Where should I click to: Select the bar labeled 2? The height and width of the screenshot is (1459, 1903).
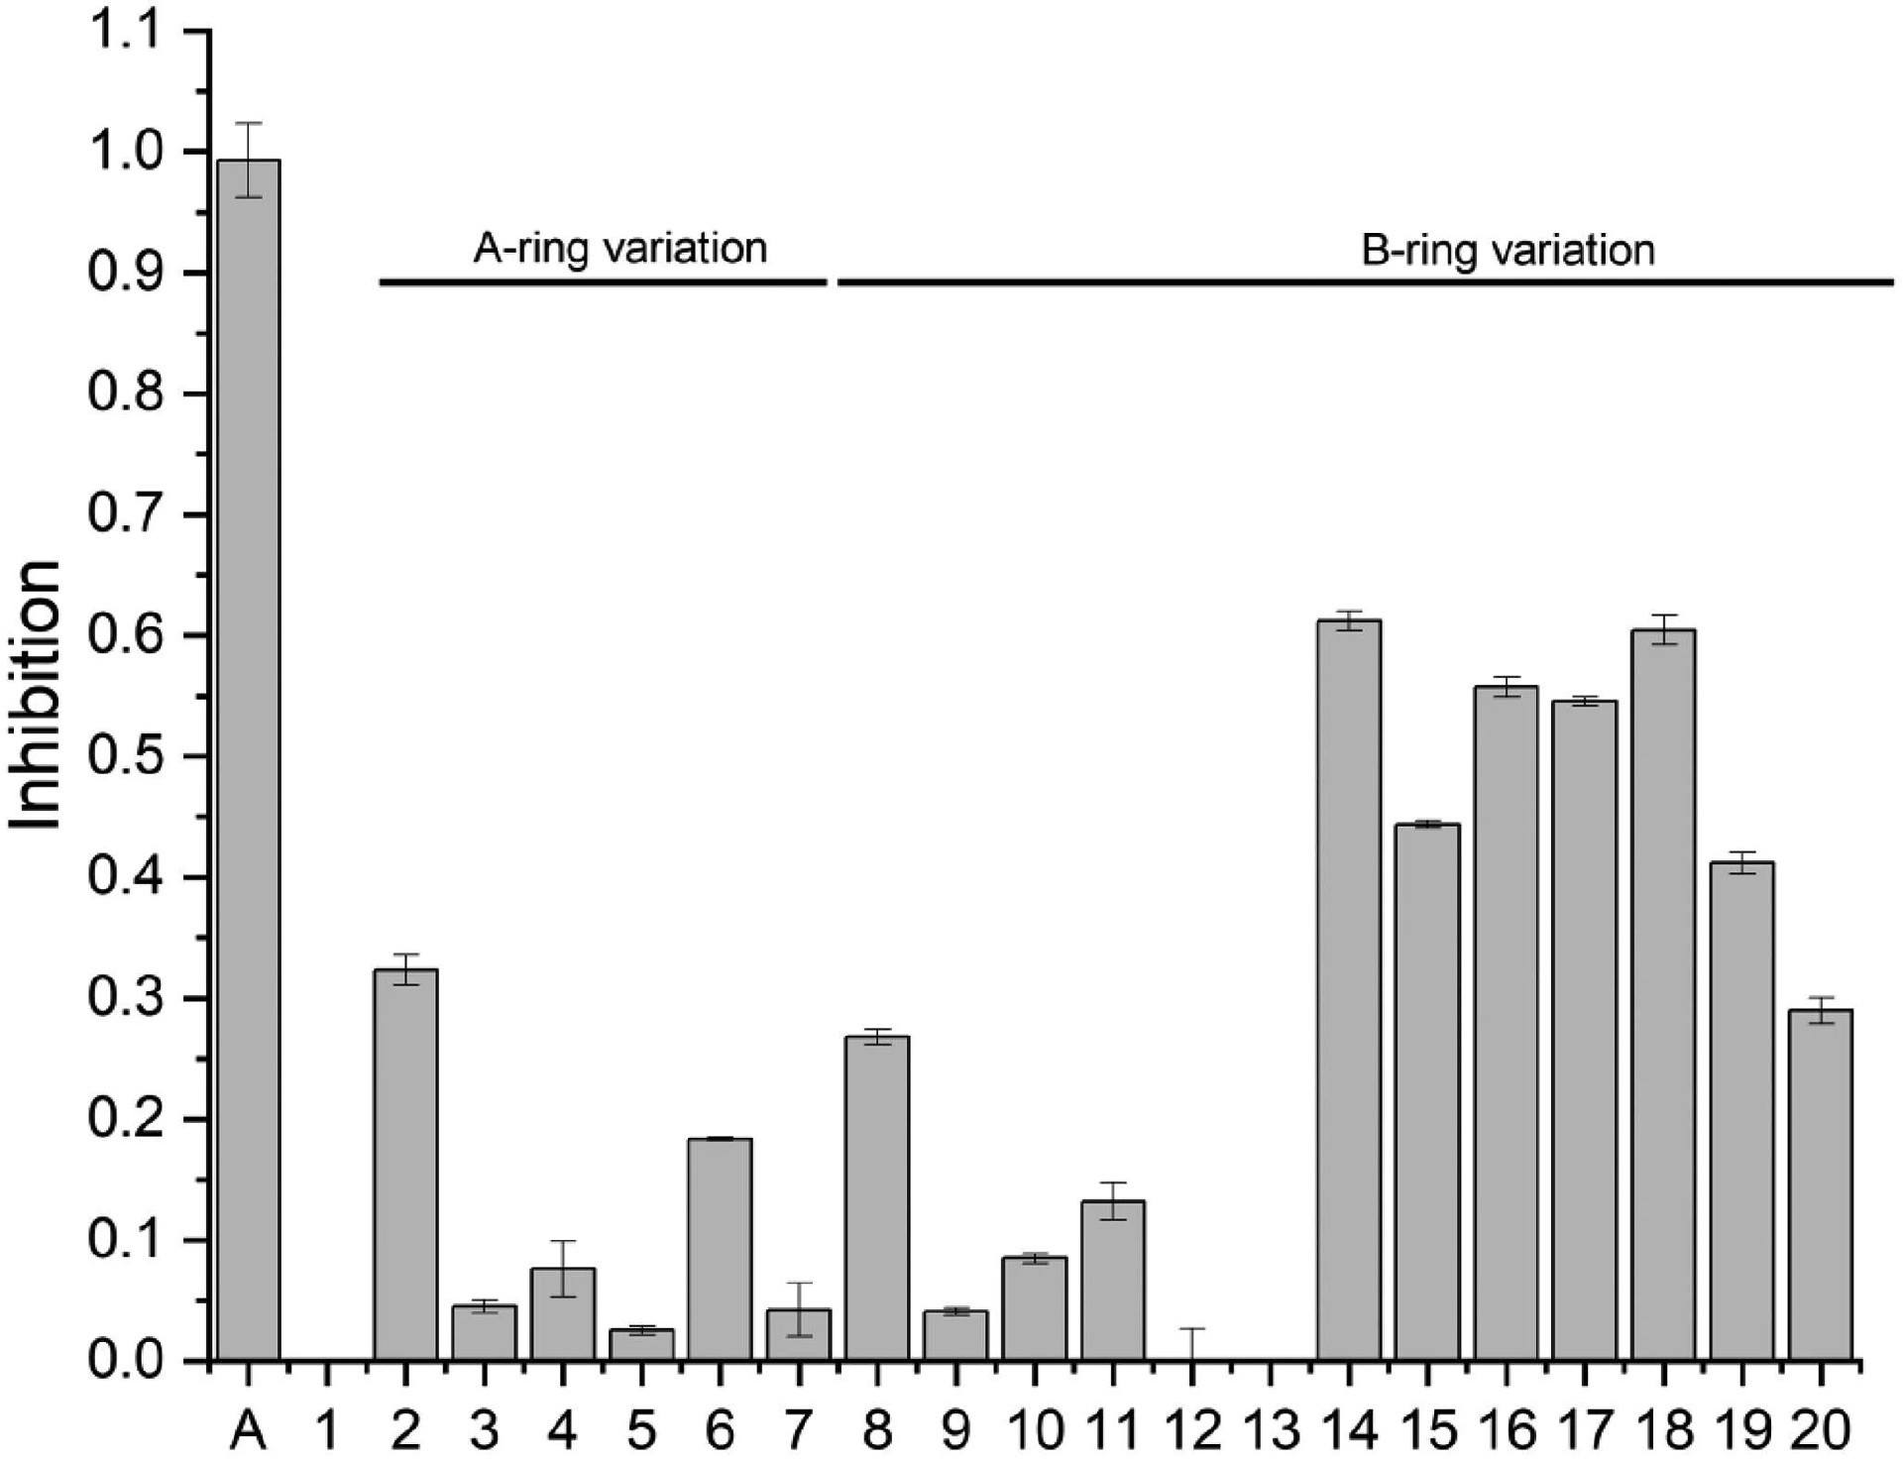405,1164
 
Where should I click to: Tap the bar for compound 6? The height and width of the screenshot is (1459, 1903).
720,1249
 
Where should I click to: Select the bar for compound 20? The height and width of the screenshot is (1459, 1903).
1821,1184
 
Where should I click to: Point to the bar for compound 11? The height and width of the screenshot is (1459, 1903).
1113,1280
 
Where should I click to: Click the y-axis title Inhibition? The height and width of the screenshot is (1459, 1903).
38,694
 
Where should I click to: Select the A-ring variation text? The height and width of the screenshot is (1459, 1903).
619,248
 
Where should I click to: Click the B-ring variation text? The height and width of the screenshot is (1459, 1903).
1508,250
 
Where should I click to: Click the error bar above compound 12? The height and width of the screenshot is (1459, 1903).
1192,1343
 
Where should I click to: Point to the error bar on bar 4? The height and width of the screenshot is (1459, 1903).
563,1268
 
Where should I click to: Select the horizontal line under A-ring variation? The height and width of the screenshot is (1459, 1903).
603,282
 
